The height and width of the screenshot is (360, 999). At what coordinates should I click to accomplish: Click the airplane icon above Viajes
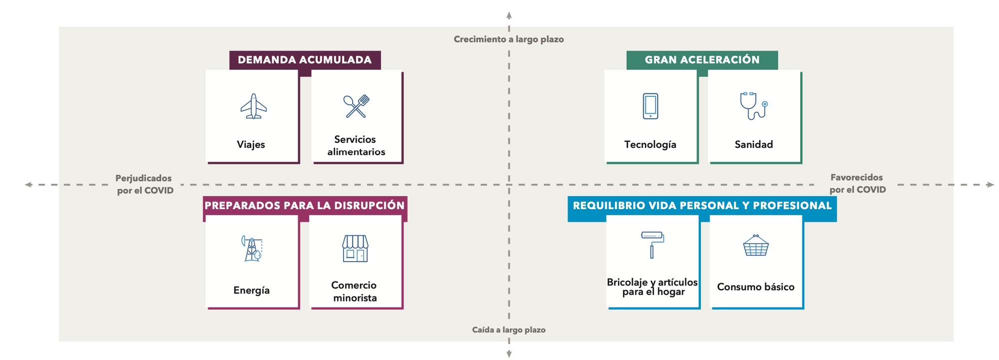[254, 106]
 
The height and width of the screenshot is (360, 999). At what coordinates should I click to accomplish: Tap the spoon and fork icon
[356, 106]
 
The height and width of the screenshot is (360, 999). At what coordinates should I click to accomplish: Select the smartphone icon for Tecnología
[650, 106]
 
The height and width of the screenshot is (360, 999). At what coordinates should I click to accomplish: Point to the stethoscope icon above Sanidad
[753, 106]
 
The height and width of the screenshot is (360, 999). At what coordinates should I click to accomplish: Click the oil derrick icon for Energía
[252, 249]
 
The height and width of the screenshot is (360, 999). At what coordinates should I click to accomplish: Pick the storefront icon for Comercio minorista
[355, 249]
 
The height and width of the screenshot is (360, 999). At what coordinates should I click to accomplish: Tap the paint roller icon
[652, 244]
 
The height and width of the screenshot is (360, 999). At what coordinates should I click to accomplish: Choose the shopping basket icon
[756, 246]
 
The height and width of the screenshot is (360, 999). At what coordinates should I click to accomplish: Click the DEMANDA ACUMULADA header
[305, 60]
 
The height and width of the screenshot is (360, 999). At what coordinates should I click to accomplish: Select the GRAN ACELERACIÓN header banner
[702, 60]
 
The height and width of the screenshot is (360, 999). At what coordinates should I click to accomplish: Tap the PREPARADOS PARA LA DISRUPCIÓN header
[305, 206]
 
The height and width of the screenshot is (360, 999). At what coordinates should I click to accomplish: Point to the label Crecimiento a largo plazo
[508, 39]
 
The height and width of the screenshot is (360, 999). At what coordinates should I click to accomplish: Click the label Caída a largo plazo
[508, 330]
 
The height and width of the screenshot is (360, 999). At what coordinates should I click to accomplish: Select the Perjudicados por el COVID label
[144, 184]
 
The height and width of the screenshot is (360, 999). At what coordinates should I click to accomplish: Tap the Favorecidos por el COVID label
[857, 184]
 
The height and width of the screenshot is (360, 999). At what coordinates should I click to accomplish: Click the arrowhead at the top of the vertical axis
[509, 15]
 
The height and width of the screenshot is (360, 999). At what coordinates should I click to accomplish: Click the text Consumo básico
[756, 287]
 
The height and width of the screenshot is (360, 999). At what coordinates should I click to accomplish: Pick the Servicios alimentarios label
[356, 146]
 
